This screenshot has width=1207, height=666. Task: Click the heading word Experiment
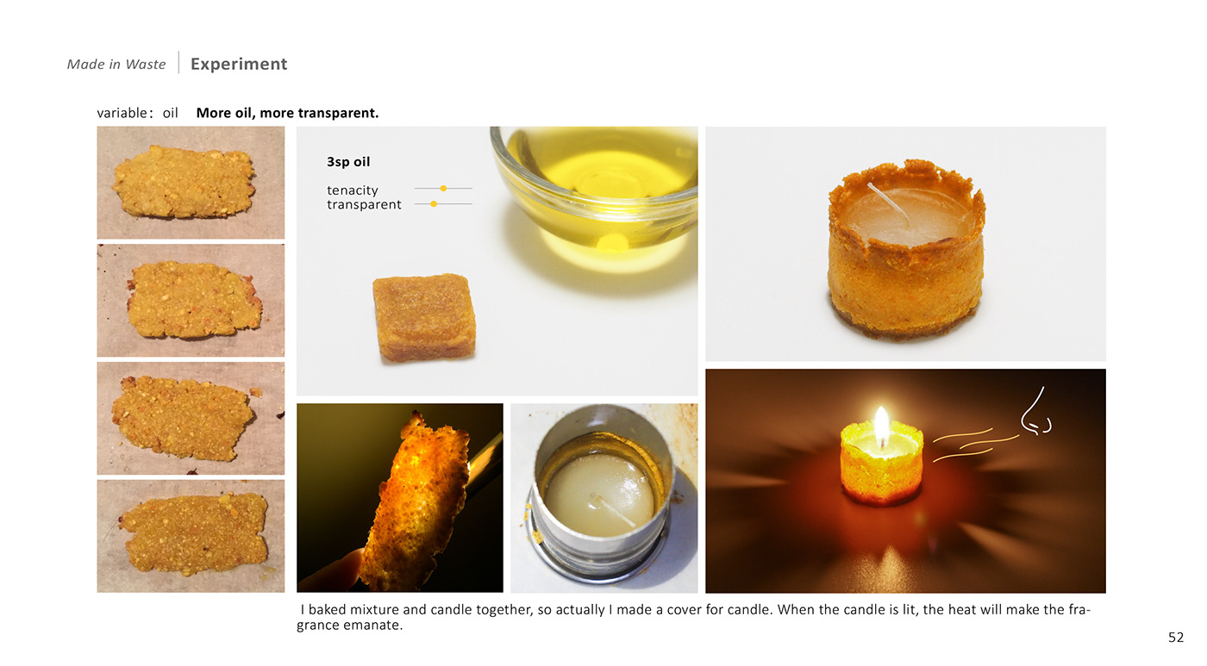click(239, 64)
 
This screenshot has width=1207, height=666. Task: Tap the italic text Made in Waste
click(116, 64)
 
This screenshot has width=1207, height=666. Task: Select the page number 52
click(1176, 638)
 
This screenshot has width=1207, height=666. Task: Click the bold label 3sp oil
click(348, 161)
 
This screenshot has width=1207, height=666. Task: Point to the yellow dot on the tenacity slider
click(443, 189)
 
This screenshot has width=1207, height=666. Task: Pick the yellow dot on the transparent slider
click(434, 204)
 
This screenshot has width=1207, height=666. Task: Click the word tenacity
click(353, 190)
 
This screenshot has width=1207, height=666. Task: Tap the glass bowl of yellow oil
click(594, 183)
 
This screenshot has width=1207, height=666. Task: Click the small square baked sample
click(424, 316)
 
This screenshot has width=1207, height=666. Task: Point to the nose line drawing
click(1035, 412)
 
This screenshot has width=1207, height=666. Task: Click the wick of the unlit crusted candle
click(888, 203)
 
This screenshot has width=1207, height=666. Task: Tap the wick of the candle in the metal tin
click(613, 509)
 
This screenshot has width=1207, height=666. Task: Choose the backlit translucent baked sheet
click(417, 501)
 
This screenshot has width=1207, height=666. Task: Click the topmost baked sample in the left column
click(184, 182)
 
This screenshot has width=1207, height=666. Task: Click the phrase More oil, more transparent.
click(287, 113)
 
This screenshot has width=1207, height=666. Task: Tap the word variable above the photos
click(122, 113)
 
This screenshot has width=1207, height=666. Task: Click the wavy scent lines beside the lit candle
click(976, 445)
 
